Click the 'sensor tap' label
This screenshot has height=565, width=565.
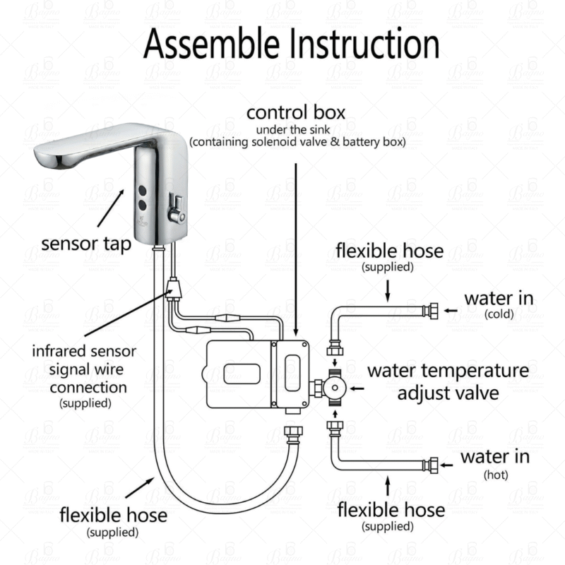[x=86, y=244]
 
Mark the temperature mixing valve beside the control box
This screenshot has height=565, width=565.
[x=334, y=388]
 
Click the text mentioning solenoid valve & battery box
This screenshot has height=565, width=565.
[x=297, y=143]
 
